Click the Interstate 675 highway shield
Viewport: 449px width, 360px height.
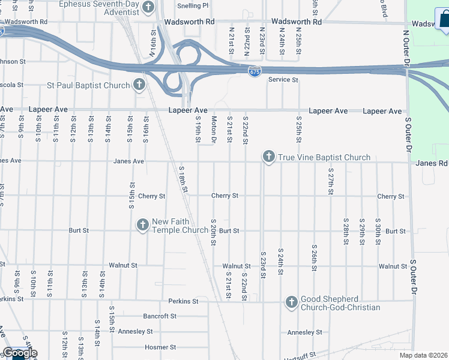coord(255,71)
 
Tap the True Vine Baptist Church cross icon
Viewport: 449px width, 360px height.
coord(268,157)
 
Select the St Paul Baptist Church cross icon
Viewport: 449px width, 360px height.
coord(139,85)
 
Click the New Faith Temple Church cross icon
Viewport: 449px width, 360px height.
coord(142,225)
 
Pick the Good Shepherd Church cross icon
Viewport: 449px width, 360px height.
coord(291,302)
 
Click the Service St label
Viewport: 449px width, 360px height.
coord(283,80)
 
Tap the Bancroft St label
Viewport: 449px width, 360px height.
coord(160,316)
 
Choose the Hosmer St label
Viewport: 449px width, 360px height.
coord(160,347)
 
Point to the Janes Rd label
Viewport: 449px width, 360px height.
coord(432,163)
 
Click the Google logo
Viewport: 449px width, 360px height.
coord(20,353)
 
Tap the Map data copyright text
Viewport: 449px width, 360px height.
coord(423,355)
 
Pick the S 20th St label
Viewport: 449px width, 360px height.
coord(213,233)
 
